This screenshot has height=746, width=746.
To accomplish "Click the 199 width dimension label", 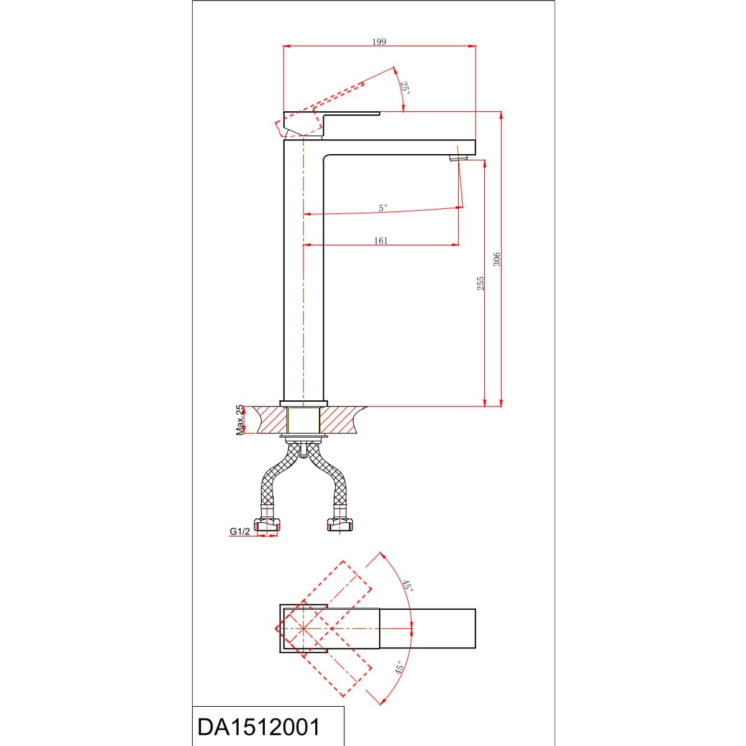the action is [379, 42].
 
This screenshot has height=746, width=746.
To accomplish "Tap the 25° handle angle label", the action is [405, 88].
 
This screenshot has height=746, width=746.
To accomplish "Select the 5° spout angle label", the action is [382, 208].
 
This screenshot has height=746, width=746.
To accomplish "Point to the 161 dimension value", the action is [380, 241].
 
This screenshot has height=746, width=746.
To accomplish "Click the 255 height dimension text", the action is [481, 283].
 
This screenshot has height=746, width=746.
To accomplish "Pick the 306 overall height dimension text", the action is [497, 259].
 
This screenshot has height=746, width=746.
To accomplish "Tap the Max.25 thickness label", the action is [241, 420].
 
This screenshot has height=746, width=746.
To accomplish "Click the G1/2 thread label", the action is [239, 532].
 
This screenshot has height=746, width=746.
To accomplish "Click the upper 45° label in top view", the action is [408, 586].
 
